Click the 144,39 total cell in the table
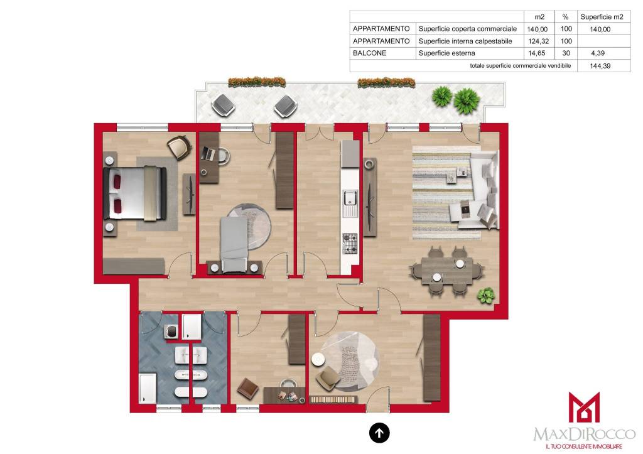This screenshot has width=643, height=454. pyautogui.click(x=600, y=66)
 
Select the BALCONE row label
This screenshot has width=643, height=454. pyautogui.click(x=369, y=53)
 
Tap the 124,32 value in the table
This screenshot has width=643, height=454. pyautogui.click(x=538, y=41)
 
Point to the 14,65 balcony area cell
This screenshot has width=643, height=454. pyautogui.click(x=537, y=53)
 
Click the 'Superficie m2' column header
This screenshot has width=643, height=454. pyautogui.click(x=602, y=17)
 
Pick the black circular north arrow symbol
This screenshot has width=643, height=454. pyautogui.click(x=379, y=433)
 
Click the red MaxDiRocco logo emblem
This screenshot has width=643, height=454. pyautogui.click(x=584, y=408)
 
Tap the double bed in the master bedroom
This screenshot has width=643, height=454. pyautogui.click(x=135, y=193)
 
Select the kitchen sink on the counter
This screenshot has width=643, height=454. pyautogui.click(x=350, y=203)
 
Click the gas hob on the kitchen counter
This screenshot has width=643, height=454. pyautogui.click(x=350, y=244)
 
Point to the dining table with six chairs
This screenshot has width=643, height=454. pyautogui.click(x=446, y=271)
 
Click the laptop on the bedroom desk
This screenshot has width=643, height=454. pyautogui.click(x=208, y=154)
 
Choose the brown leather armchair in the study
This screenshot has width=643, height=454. pyautogui.click(x=247, y=388)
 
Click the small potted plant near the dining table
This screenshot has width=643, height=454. pyautogui.click(x=486, y=296)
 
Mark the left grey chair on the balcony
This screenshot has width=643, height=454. pyautogui.click(x=223, y=105)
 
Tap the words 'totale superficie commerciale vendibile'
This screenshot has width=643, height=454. pyautogui.click(x=521, y=65)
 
